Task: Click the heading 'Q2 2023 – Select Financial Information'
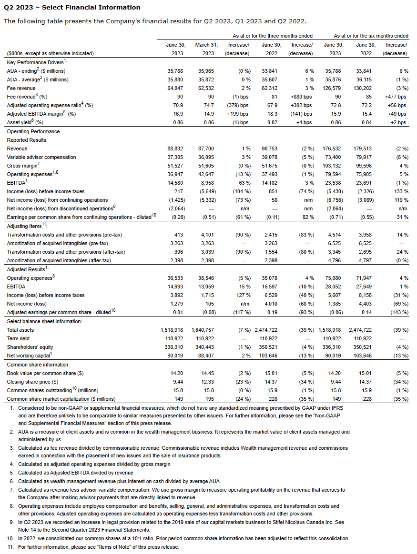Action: pos(72,7)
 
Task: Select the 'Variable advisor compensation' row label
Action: pos(41,157)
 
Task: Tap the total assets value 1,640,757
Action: pos(204,330)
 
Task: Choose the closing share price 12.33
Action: pos(209,382)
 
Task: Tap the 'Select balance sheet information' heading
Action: pos(44,321)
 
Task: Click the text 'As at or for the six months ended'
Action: pos(371,36)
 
